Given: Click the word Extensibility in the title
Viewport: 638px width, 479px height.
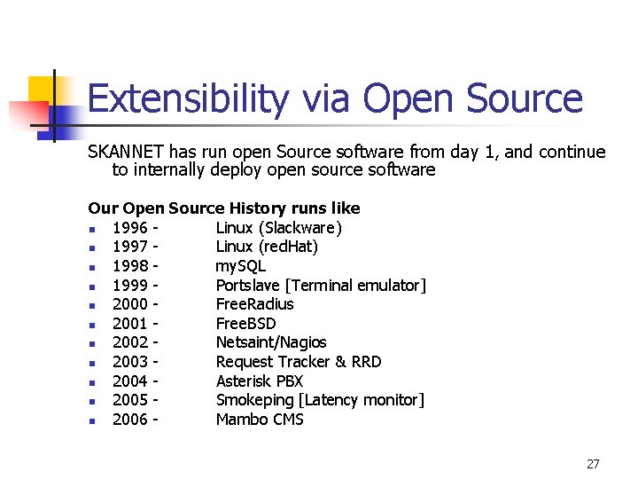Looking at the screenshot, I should coord(188,100).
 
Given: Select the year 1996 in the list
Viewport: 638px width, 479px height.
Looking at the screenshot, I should coord(129,228).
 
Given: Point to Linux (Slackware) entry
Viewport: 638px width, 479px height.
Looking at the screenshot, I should coord(278,228).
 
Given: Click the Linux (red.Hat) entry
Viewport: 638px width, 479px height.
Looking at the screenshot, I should coord(267,247).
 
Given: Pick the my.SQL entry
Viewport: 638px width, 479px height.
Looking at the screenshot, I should coord(240,266).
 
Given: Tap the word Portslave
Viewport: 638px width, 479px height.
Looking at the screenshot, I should coord(250,285).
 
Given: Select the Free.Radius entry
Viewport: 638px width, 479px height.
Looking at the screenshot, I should coord(254,304).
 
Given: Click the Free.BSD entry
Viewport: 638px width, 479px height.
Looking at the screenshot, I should coord(245,324).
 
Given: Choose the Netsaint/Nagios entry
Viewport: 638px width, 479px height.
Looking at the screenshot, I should coord(271,342).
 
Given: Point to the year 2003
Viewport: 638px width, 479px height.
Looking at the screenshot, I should coord(129,362).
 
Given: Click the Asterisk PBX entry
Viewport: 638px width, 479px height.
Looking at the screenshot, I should coord(260,381).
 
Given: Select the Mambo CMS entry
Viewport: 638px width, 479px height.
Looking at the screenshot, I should coord(260,420).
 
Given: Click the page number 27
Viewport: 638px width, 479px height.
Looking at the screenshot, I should coord(593,464).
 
